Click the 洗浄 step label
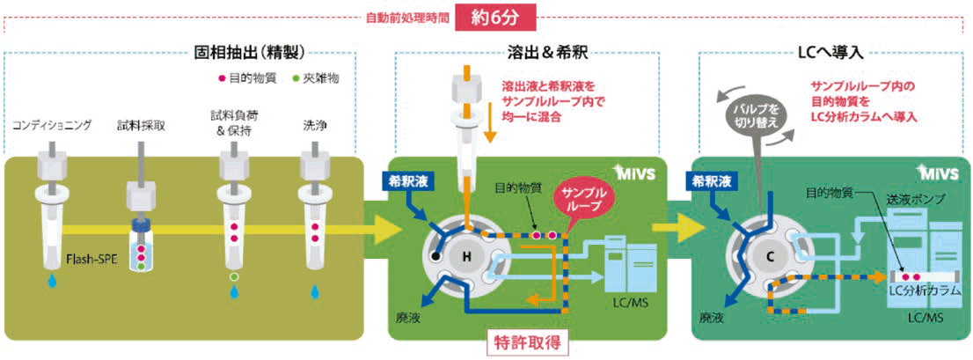point(315,126)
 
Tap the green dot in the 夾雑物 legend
point(296,78)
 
